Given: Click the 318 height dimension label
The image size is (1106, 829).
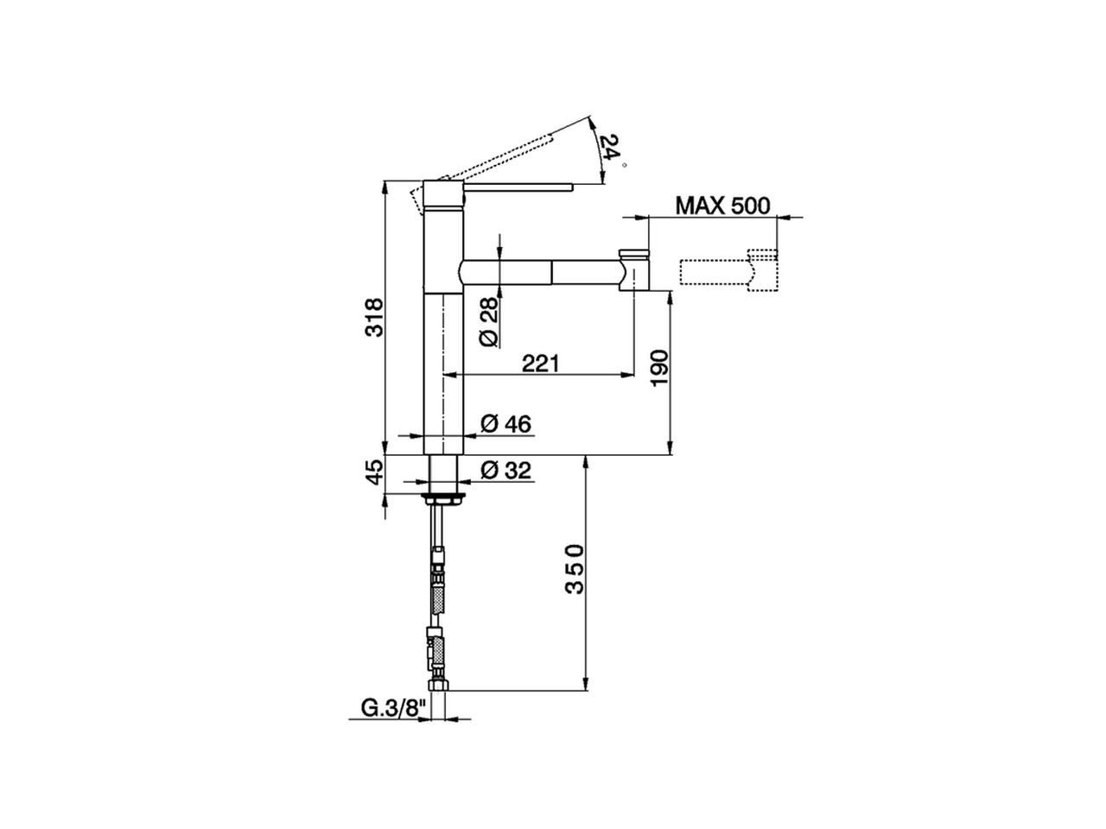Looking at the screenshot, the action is (374, 318).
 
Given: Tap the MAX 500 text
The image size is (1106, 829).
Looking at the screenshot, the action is (722, 206).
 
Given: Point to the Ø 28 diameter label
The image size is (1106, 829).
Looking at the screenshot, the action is (488, 321).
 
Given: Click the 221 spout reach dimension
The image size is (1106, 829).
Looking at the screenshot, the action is (541, 364).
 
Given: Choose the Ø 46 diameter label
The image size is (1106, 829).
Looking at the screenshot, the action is (505, 424).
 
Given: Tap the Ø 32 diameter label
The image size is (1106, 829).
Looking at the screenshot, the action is (505, 471).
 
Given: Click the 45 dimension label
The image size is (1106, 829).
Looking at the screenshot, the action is (374, 472).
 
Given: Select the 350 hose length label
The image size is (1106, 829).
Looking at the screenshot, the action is (575, 569).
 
